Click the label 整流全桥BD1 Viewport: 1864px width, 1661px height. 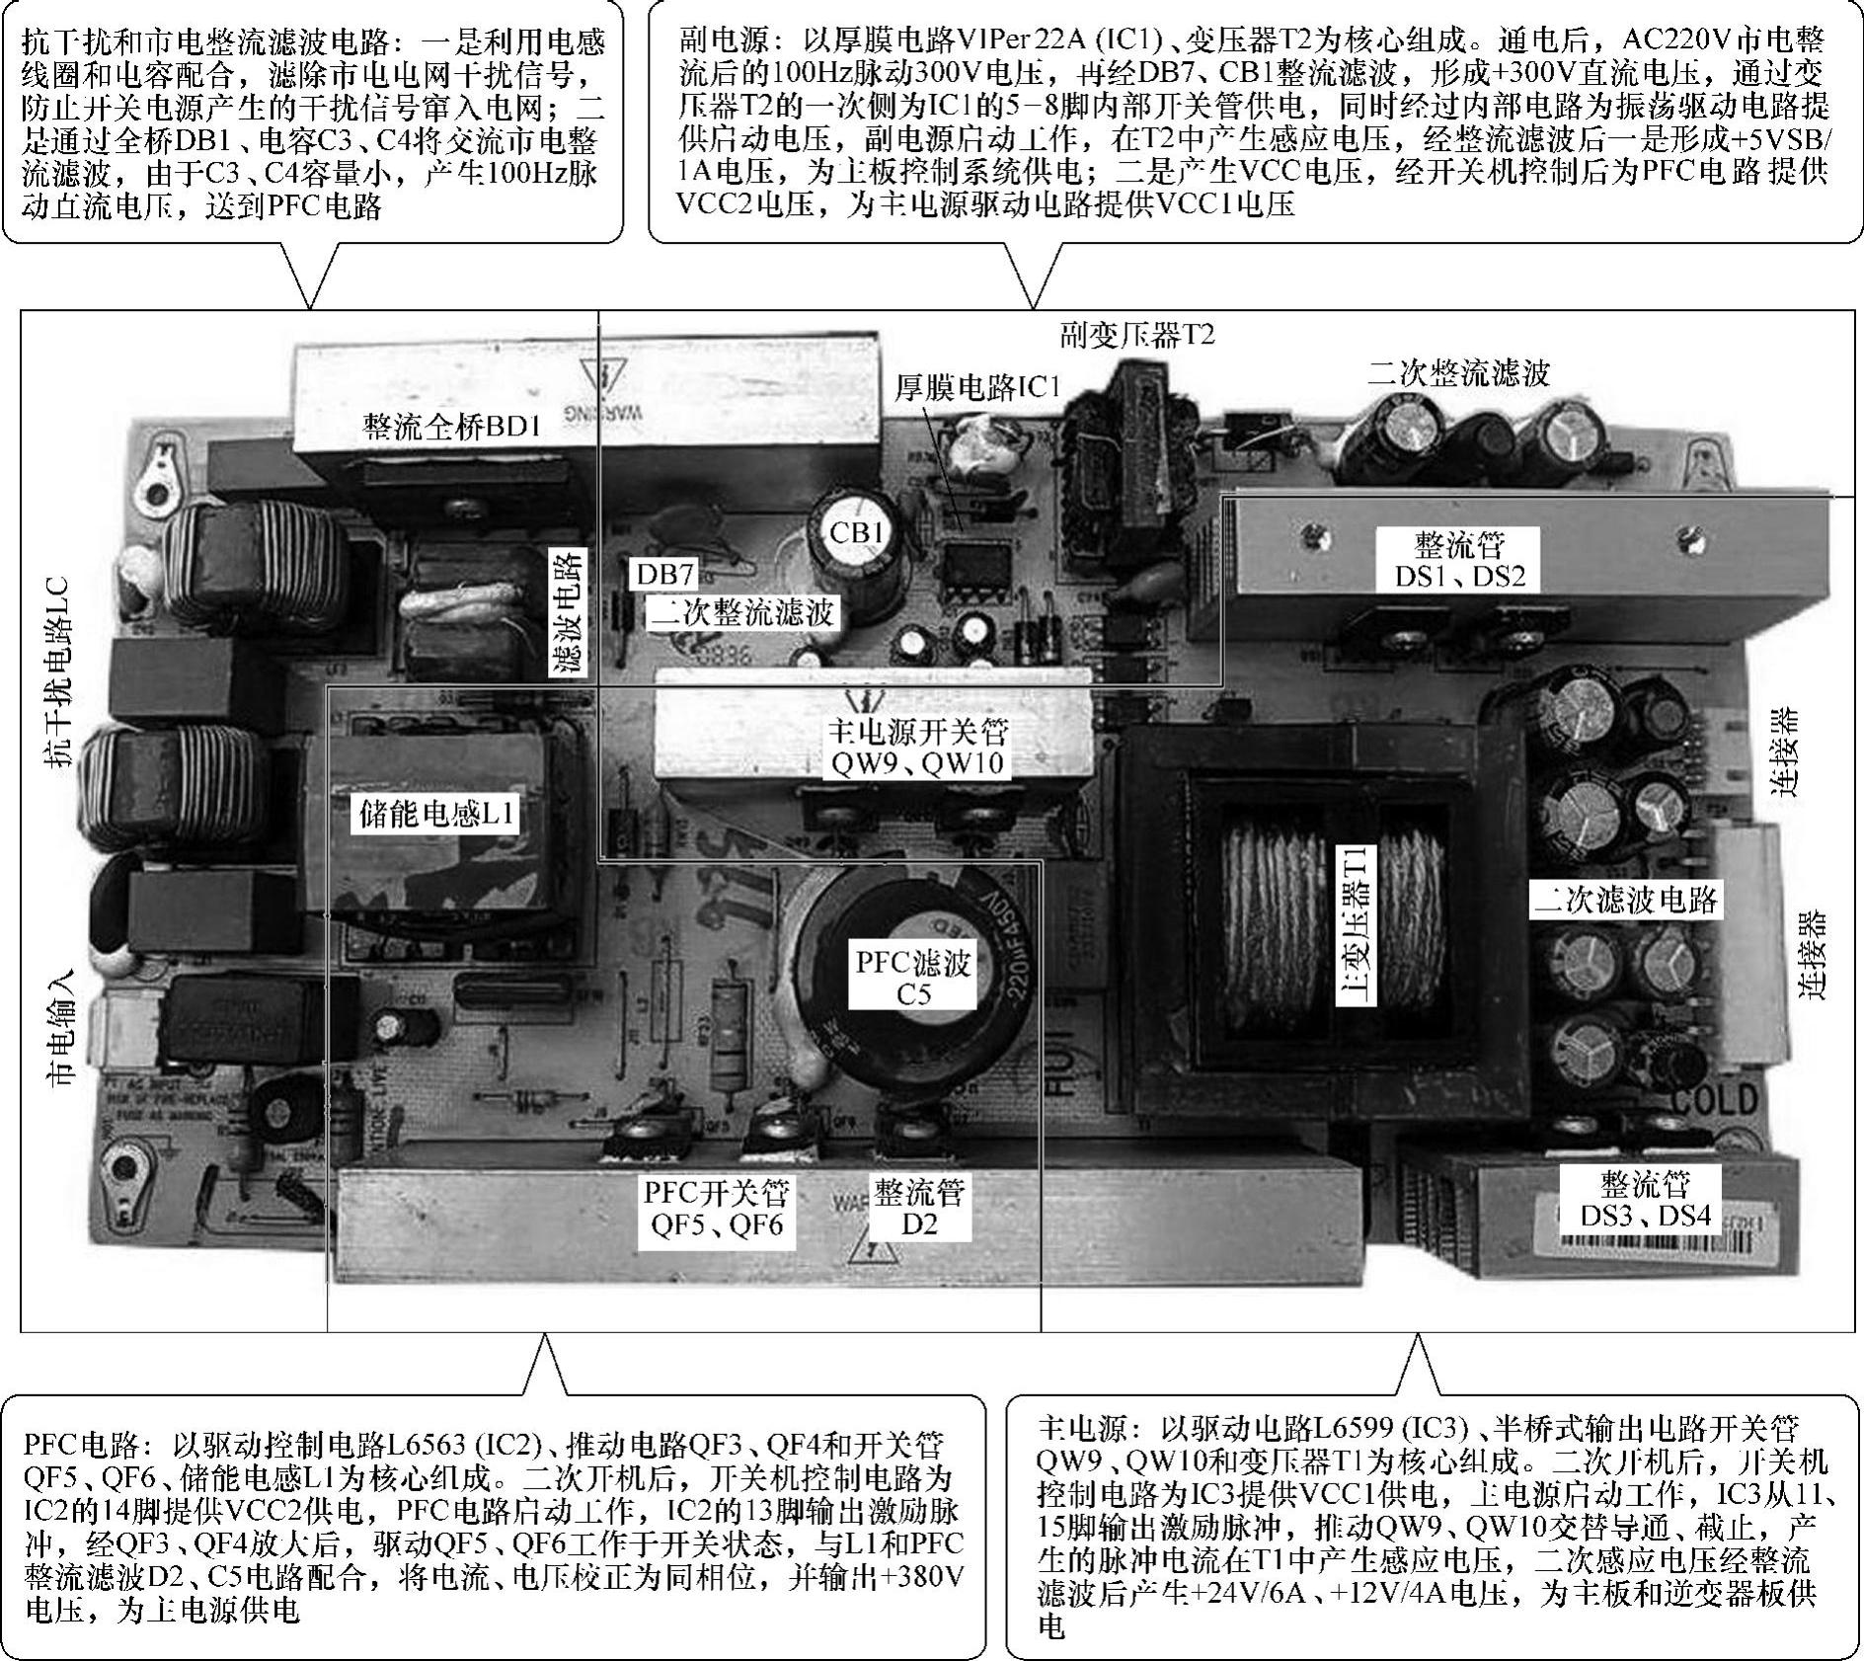click(x=452, y=427)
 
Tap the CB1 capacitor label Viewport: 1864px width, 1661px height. click(x=857, y=533)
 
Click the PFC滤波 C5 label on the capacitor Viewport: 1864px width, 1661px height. click(x=913, y=978)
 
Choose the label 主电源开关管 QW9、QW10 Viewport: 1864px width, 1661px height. click(x=917, y=748)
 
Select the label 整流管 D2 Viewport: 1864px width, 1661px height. click(x=918, y=1209)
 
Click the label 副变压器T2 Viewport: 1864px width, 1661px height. click(x=1137, y=336)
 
